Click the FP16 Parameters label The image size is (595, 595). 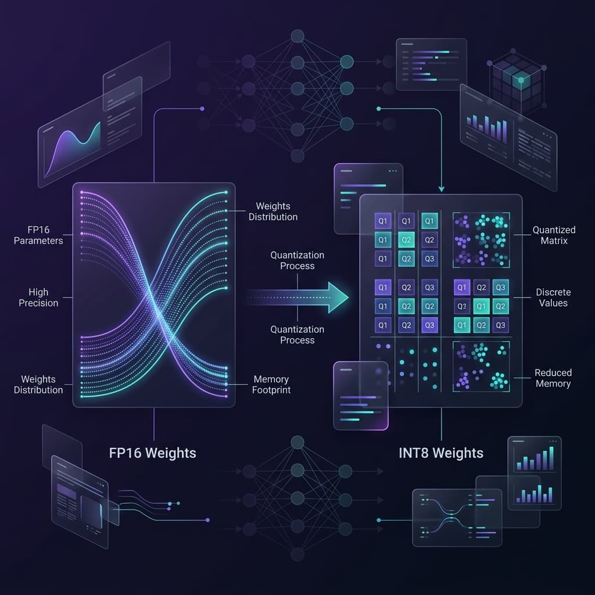38,235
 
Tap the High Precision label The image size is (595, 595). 38,297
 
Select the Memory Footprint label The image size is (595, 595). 271,385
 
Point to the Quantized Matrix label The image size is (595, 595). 554,235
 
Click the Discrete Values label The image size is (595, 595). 553,297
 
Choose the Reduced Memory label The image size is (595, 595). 553,378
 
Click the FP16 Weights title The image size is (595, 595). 153,453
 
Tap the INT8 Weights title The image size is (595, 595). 441,453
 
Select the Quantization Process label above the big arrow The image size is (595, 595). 297,260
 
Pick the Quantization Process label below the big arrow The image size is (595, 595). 297,335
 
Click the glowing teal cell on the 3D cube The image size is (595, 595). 521,80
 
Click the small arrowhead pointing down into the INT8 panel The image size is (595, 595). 442,189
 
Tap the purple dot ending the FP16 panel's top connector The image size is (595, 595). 202,109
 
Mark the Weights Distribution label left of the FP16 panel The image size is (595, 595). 38,385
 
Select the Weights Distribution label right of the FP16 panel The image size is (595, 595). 273,212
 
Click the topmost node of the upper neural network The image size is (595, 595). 297,36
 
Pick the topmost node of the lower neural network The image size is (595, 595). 297,442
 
